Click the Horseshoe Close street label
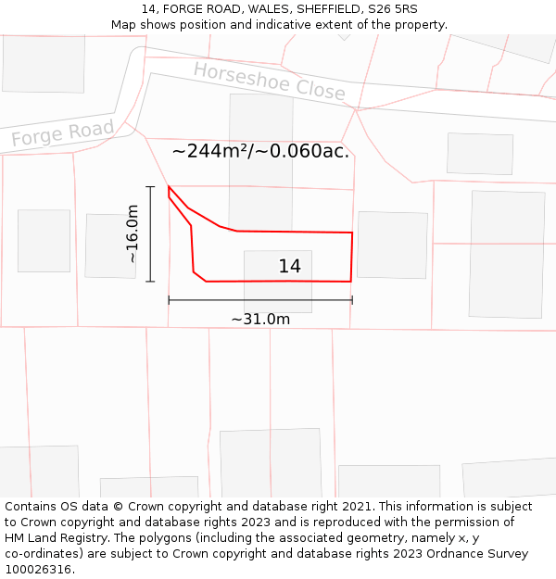269,82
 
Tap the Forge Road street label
62,133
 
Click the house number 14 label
289,267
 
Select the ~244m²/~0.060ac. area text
260,151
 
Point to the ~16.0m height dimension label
133,234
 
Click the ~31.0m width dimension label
260,320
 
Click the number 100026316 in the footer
38,570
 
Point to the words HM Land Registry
47,538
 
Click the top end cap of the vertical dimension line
150,187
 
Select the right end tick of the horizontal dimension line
352,299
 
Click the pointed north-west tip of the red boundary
169,186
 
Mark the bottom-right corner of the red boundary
350,281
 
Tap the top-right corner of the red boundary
352,233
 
